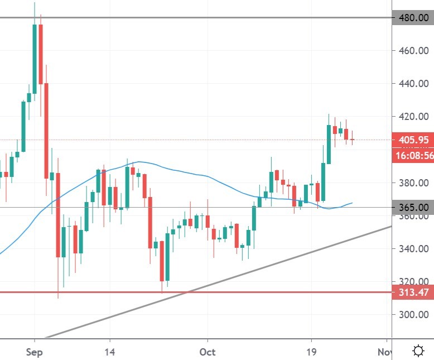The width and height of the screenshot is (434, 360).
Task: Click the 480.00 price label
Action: coord(413,17)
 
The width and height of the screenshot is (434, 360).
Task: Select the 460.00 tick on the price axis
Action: coord(413,51)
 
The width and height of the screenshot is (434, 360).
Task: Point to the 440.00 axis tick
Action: coord(413,84)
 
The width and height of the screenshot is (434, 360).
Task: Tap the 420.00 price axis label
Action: coord(413,117)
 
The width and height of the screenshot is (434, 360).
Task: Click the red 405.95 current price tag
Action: coord(413,140)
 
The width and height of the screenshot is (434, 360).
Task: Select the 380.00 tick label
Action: coord(413,183)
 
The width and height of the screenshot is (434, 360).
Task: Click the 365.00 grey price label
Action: coord(413,207)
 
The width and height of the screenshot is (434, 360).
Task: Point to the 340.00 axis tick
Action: coord(413,249)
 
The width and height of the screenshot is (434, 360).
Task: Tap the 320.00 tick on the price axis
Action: coord(413,282)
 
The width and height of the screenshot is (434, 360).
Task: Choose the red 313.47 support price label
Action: coord(413,292)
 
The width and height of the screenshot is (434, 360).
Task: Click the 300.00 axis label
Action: coord(413,315)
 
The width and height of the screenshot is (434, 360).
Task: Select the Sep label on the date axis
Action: coord(35,352)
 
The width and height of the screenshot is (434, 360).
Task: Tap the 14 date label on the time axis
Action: coord(110,352)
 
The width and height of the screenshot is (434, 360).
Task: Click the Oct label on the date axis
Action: coord(208,352)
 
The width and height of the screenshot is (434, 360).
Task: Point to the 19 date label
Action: coord(311,352)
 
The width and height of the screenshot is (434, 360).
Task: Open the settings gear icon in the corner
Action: coord(418,351)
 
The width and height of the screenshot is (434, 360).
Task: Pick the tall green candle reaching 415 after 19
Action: coord(329,144)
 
